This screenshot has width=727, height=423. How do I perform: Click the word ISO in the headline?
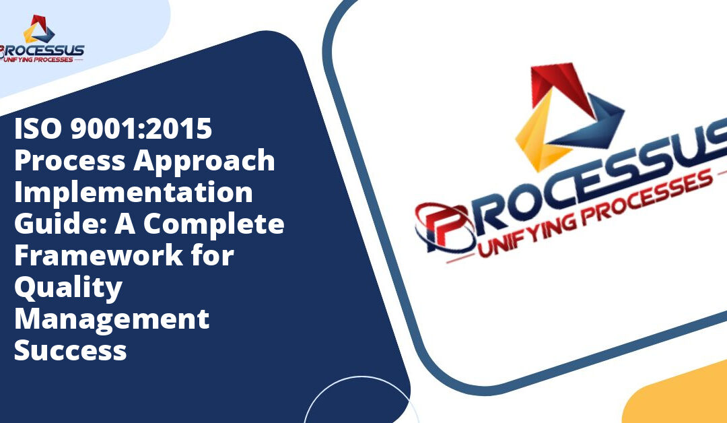click(38, 129)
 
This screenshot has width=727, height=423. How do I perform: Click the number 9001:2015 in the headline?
click(141, 129)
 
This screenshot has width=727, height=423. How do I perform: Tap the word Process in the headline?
click(70, 160)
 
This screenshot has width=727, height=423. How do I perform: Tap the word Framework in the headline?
click(99, 255)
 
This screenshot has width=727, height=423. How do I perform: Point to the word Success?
click(71, 350)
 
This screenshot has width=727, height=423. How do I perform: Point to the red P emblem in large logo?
click(444, 227)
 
